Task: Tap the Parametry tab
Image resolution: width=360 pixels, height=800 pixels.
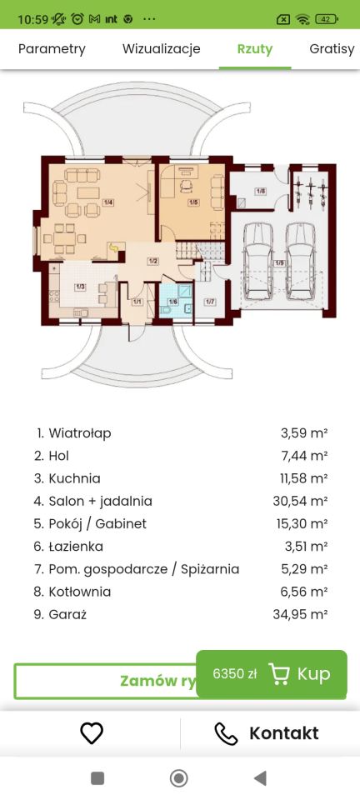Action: (x=52, y=49)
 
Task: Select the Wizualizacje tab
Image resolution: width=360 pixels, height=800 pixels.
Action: (x=161, y=49)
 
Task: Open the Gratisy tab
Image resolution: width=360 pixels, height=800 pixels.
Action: (x=332, y=49)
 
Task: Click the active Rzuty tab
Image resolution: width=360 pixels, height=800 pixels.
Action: (x=254, y=49)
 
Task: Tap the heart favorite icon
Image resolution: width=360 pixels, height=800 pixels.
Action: (x=91, y=733)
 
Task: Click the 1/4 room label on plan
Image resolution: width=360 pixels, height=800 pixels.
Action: (x=108, y=202)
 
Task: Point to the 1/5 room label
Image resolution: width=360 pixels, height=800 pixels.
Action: (x=192, y=202)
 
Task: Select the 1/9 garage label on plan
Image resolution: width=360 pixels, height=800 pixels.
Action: (x=279, y=263)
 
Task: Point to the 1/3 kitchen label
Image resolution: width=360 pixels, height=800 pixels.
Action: (x=80, y=287)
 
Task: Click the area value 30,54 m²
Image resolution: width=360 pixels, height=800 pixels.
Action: (x=303, y=501)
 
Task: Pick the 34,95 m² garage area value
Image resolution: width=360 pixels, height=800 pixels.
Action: (x=303, y=614)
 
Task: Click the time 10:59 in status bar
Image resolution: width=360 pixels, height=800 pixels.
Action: (x=32, y=17)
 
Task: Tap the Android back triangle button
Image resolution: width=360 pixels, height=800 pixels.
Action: (x=260, y=778)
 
